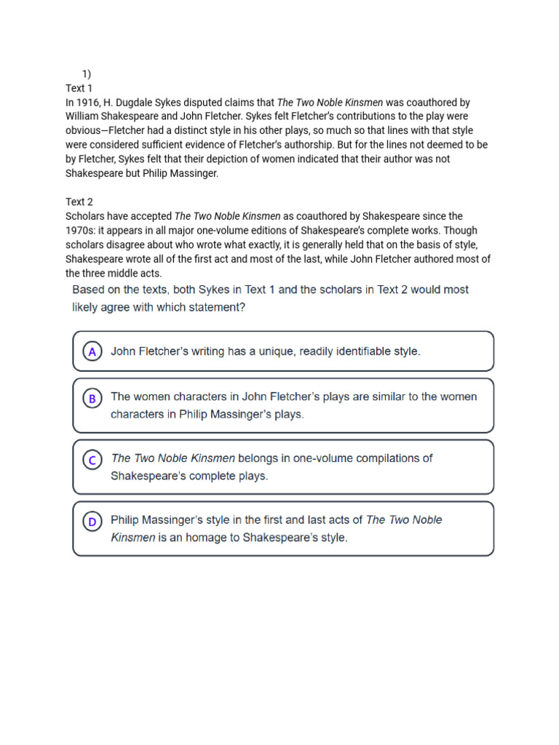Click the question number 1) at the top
click(x=86, y=73)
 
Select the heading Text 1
click(x=79, y=88)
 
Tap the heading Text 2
click(x=79, y=202)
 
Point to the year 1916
click(x=89, y=103)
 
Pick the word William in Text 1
click(x=84, y=116)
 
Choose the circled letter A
click(x=92, y=351)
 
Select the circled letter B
click(x=92, y=398)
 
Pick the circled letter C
click(x=92, y=460)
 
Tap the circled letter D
click(x=92, y=521)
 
